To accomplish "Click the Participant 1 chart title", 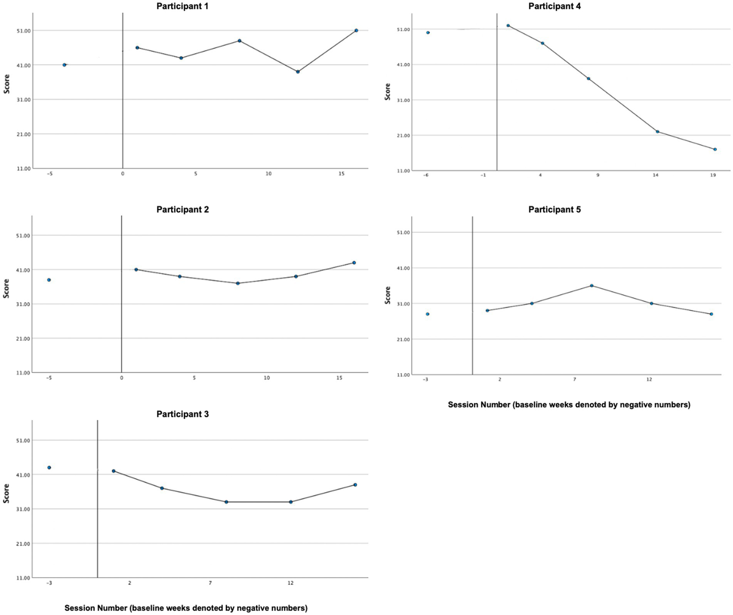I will [x=182, y=6].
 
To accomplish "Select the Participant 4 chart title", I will [x=554, y=6].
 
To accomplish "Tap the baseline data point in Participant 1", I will [x=64, y=65].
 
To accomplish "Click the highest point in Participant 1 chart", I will [x=356, y=31].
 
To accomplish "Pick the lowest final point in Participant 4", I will [x=715, y=149].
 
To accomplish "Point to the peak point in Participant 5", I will [x=592, y=286].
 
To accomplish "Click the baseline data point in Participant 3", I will [x=49, y=467].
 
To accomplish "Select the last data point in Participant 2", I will [x=354, y=263].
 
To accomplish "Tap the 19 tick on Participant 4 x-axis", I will [x=713, y=175].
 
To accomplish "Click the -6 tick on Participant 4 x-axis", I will [x=425, y=175].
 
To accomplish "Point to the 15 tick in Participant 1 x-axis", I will [x=341, y=174].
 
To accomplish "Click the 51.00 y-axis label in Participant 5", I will [x=403, y=233].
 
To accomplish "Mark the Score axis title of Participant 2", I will [x=6, y=289].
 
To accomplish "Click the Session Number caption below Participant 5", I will [x=569, y=405].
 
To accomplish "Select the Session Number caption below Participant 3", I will [x=186, y=608].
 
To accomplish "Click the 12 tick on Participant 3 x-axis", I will [x=290, y=583].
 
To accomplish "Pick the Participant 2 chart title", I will [x=182, y=210].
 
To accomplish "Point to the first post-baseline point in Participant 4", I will [x=508, y=25].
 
